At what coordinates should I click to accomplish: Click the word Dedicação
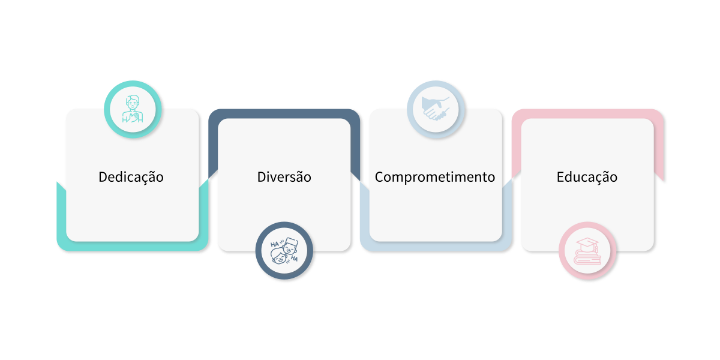131,177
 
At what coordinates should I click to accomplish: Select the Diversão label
284,177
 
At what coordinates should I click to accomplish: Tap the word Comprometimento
435,177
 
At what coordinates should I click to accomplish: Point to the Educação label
587,177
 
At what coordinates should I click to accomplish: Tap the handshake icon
436,109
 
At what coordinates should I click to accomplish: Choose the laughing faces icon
284,251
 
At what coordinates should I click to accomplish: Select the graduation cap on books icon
587,251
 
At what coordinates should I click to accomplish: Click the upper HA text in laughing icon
275,244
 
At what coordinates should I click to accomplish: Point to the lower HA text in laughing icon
294,259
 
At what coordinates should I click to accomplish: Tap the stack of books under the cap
587,258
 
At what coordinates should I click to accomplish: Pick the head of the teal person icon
133,102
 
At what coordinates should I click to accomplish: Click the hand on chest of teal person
136,116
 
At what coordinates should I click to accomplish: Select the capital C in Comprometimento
379,177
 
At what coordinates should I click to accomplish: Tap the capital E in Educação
560,177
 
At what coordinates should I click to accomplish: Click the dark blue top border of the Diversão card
284,113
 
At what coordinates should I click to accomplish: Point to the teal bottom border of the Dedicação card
133,246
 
